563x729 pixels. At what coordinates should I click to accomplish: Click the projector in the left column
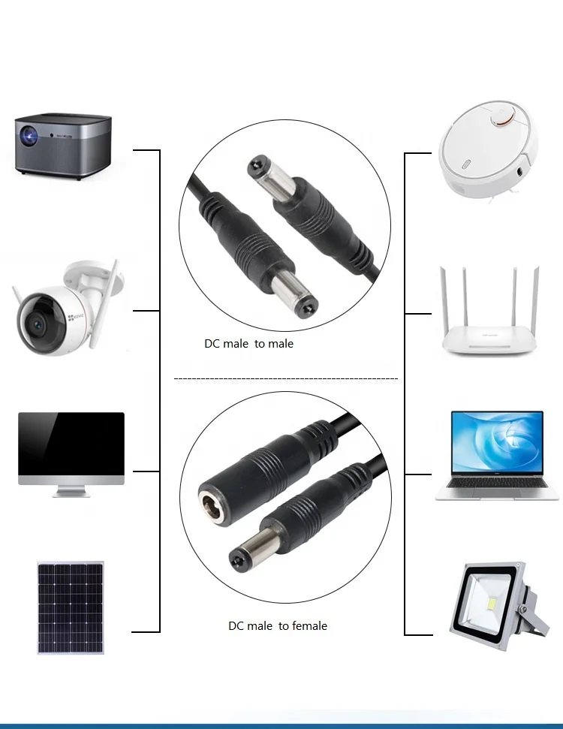click(63, 144)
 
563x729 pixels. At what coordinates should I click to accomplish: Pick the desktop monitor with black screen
click(71, 448)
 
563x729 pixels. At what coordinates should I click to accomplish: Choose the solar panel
click(71, 607)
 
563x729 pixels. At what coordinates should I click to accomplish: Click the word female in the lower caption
click(309, 625)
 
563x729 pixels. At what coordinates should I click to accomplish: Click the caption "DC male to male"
click(249, 344)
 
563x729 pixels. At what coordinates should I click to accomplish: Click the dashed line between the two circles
click(285, 379)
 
